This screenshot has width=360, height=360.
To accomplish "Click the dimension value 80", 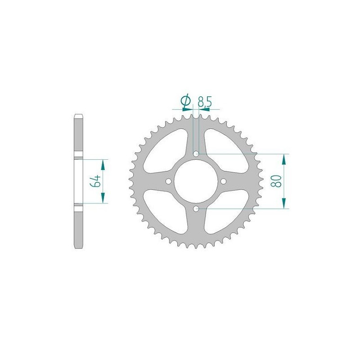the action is tap(276, 181).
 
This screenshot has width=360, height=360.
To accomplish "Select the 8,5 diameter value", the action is tap(204, 102).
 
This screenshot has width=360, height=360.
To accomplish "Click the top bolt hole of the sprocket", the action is tap(196, 153).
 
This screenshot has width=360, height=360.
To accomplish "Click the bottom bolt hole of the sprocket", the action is tap(196, 209).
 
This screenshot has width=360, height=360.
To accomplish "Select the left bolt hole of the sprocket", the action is tap(168, 181).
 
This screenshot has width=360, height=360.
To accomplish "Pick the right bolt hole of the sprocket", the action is tap(223, 181).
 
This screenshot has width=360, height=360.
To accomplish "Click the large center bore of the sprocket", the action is tap(196, 181).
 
